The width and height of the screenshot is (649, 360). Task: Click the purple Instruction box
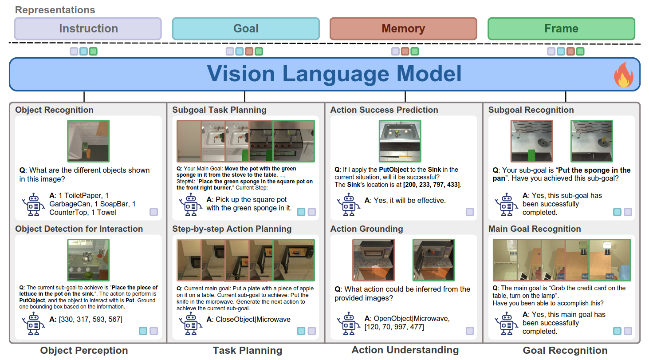click(x=88, y=29)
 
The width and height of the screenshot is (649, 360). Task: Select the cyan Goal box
click(x=246, y=29)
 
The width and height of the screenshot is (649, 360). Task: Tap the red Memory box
click(x=403, y=29)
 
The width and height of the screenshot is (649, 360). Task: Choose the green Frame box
click(x=561, y=29)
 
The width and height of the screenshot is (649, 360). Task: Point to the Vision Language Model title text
click(x=334, y=74)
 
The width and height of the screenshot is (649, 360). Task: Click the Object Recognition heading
click(x=54, y=110)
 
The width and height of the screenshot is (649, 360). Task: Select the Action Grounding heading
click(x=366, y=229)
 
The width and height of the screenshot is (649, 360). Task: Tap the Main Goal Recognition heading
click(x=535, y=229)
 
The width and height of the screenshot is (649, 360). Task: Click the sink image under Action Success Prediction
click(x=400, y=141)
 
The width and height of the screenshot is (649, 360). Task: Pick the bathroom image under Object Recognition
click(x=88, y=141)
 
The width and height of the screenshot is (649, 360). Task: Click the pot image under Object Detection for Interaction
click(x=88, y=260)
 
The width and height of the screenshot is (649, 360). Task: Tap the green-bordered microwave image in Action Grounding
click(x=433, y=260)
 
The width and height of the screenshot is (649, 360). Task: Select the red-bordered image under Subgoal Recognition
click(x=531, y=141)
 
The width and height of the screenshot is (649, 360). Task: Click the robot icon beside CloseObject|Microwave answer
click(x=190, y=324)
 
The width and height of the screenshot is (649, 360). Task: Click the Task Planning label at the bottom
click(x=248, y=350)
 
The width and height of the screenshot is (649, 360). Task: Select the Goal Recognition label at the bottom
click(x=565, y=350)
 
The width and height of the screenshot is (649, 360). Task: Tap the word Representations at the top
click(x=55, y=10)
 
